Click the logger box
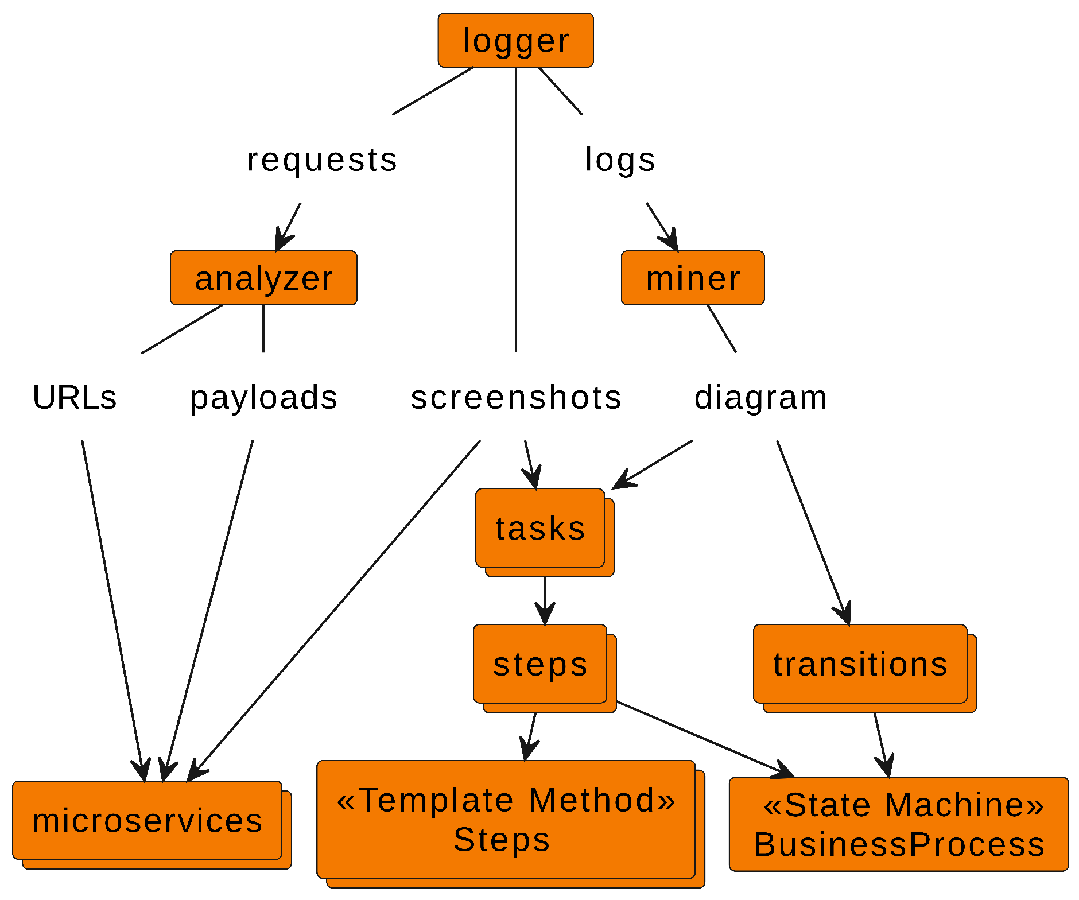pos(515,40)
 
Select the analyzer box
pos(263,278)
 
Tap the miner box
pos(693,278)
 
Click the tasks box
pos(540,528)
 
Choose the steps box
pos(540,664)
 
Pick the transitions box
pos(860,664)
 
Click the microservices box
pos(148,820)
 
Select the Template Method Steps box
pos(506,820)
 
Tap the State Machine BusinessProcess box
pos(899,824)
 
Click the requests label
pos(322,160)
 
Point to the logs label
pos(620,160)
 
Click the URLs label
pos(75,397)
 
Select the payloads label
pos(263,397)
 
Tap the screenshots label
pos(516,397)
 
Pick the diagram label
pos(760,397)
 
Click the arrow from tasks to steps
pos(545,600)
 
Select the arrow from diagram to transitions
pos(812,531)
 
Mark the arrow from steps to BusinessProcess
pos(703,738)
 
